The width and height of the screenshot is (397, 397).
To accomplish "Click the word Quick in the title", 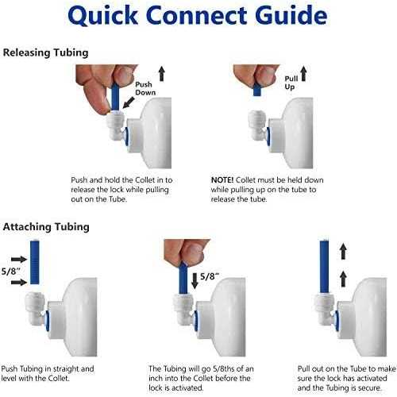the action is (x=103, y=16).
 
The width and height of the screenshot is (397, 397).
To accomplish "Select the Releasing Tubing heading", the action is (x=45, y=52).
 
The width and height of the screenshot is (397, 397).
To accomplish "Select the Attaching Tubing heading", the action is (x=46, y=227).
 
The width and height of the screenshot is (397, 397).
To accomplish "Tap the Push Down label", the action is (x=145, y=88).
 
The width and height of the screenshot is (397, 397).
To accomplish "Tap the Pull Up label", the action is (x=291, y=83).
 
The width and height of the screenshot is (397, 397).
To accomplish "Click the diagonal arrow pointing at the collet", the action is (x=129, y=102).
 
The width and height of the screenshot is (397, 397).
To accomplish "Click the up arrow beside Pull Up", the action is (x=303, y=74).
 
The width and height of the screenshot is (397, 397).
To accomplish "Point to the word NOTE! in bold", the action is (x=222, y=180).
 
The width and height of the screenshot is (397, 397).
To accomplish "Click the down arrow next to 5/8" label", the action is (x=195, y=280).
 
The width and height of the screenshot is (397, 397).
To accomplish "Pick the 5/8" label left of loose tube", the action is (x=11, y=271).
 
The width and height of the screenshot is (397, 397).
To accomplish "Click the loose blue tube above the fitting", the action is (x=35, y=262).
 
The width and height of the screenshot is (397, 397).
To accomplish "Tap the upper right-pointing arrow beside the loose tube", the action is (x=19, y=260).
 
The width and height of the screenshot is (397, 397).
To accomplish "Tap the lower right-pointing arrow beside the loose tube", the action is (x=19, y=283).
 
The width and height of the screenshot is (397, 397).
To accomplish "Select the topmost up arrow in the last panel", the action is (x=343, y=251).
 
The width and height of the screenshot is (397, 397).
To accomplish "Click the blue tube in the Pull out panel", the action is (x=325, y=266).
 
